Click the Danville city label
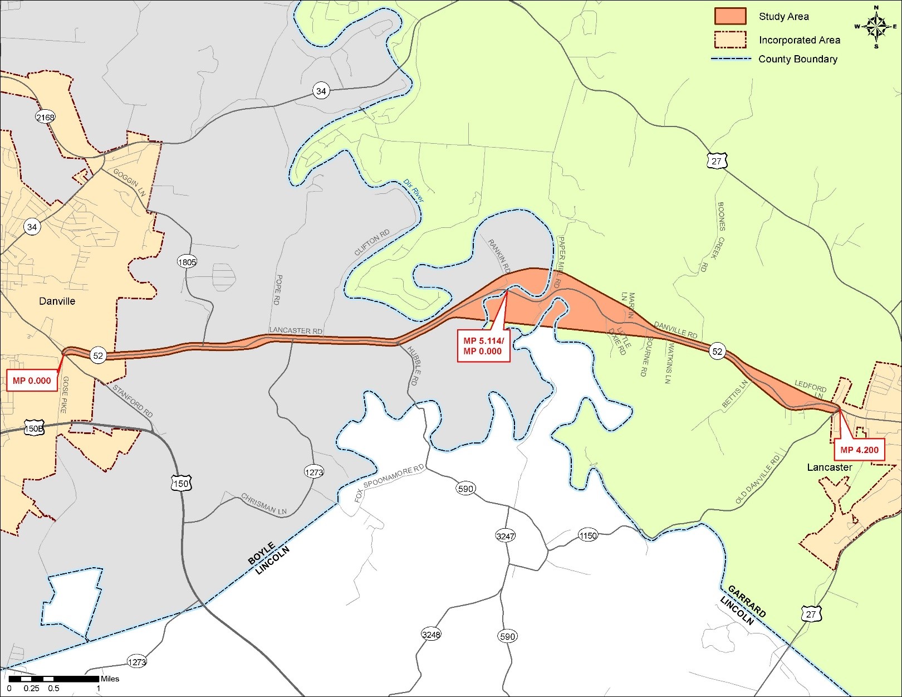pos(57,301)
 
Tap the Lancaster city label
pos(829,467)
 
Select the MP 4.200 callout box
pos(859,450)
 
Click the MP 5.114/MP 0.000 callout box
pos(483,345)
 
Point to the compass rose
pos(876,26)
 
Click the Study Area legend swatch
pos(730,16)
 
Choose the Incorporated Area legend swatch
pos(730,40)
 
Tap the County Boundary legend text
pos(797,59)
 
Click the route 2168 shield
pos(45,117)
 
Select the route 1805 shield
pos(187,261)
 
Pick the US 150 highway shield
pos(180,484)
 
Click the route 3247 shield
pos(505,536)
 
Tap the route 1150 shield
pos(588,535)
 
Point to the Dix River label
pos(413,191)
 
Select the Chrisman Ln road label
pos(264,504)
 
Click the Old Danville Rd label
pos(758,479)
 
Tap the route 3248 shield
pos(431,635)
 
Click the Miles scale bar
pos(53,679)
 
